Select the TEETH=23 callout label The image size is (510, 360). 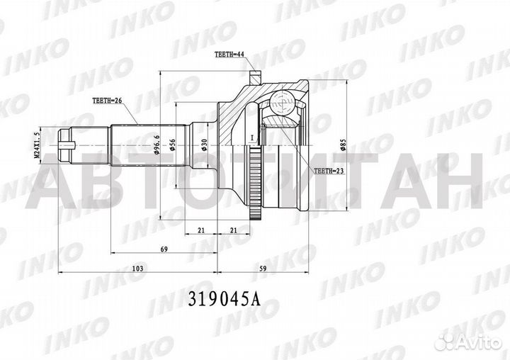coord(328,171)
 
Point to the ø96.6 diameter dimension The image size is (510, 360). coord(156,144)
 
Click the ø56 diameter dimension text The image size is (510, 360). coord(172,145)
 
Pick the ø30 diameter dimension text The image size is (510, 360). coord(205,144)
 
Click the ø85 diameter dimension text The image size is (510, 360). coord(344,145)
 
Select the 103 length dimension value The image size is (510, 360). coord(138,269)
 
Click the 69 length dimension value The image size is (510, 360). coord(163,250)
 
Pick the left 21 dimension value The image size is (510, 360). coord(202,231)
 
